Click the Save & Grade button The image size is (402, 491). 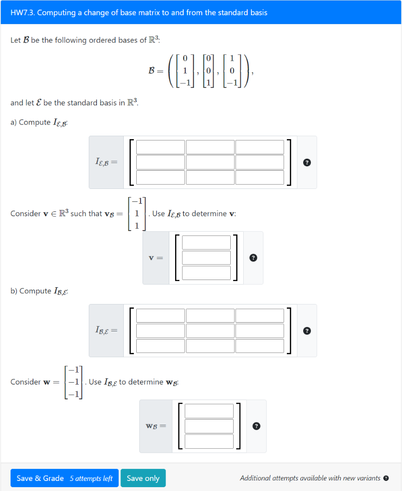coord(40,478)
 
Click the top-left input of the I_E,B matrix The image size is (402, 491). coord(160,147)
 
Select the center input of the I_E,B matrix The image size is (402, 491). coord(210,162)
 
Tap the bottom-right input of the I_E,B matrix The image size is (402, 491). coord(260,177)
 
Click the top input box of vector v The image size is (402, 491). coord(206,243)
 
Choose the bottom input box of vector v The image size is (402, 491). coord(206,272)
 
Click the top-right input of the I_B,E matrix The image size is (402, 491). coord(260,316)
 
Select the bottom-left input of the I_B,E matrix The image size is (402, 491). coord(160,345)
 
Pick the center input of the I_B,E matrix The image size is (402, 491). coord(210,330)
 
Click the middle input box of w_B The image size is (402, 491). coord(209,426)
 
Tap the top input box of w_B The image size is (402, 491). coord(209,411)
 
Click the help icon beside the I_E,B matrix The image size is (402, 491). coord(307,163)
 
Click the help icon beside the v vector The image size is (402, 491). coord(253,258)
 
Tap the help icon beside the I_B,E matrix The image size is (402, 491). coord(307,331)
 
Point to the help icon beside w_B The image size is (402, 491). coord(257,426)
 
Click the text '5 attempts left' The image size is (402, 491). coord(91,479)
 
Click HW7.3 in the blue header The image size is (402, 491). coord(23,12)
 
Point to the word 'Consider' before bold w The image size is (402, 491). coord(25,382)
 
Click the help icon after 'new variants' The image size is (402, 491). coord(386,478)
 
